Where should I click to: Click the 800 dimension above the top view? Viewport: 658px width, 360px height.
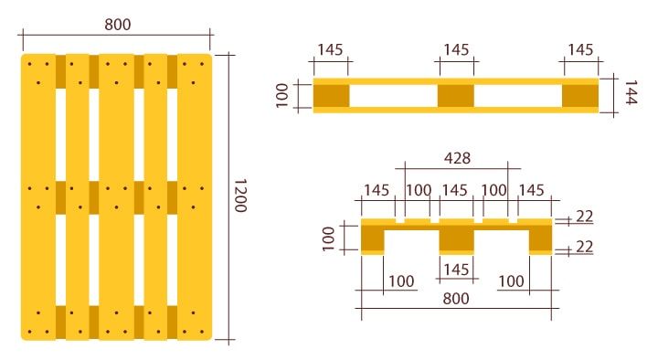pos(116,25)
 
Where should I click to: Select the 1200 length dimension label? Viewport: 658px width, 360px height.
pos(240,196)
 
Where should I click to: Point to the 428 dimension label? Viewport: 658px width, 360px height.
pos(457,158)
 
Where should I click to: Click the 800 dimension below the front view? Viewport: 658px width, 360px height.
pos(456,299)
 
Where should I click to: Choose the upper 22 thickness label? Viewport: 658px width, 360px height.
pos(585,217)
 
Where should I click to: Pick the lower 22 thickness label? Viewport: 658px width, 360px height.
pos(585,248)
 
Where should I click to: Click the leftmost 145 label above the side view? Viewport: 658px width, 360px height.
pos(331,49)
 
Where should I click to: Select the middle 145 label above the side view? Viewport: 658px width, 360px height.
pos(456,49)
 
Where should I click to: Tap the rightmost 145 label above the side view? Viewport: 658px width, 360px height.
pos(581,49)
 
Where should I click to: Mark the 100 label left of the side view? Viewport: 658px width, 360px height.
pos(281,95)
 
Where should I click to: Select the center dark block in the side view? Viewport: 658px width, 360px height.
pos(456,95)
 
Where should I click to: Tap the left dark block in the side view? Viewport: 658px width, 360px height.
pos(332,95)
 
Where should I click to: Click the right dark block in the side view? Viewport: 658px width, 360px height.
pos(579,95)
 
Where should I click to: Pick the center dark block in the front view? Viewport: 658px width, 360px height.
pos(456,238)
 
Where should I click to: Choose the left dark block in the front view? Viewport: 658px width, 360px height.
pos(373,238)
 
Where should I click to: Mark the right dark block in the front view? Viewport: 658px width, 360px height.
pos(541,238)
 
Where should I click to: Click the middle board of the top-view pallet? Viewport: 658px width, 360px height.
pos(116,196)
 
